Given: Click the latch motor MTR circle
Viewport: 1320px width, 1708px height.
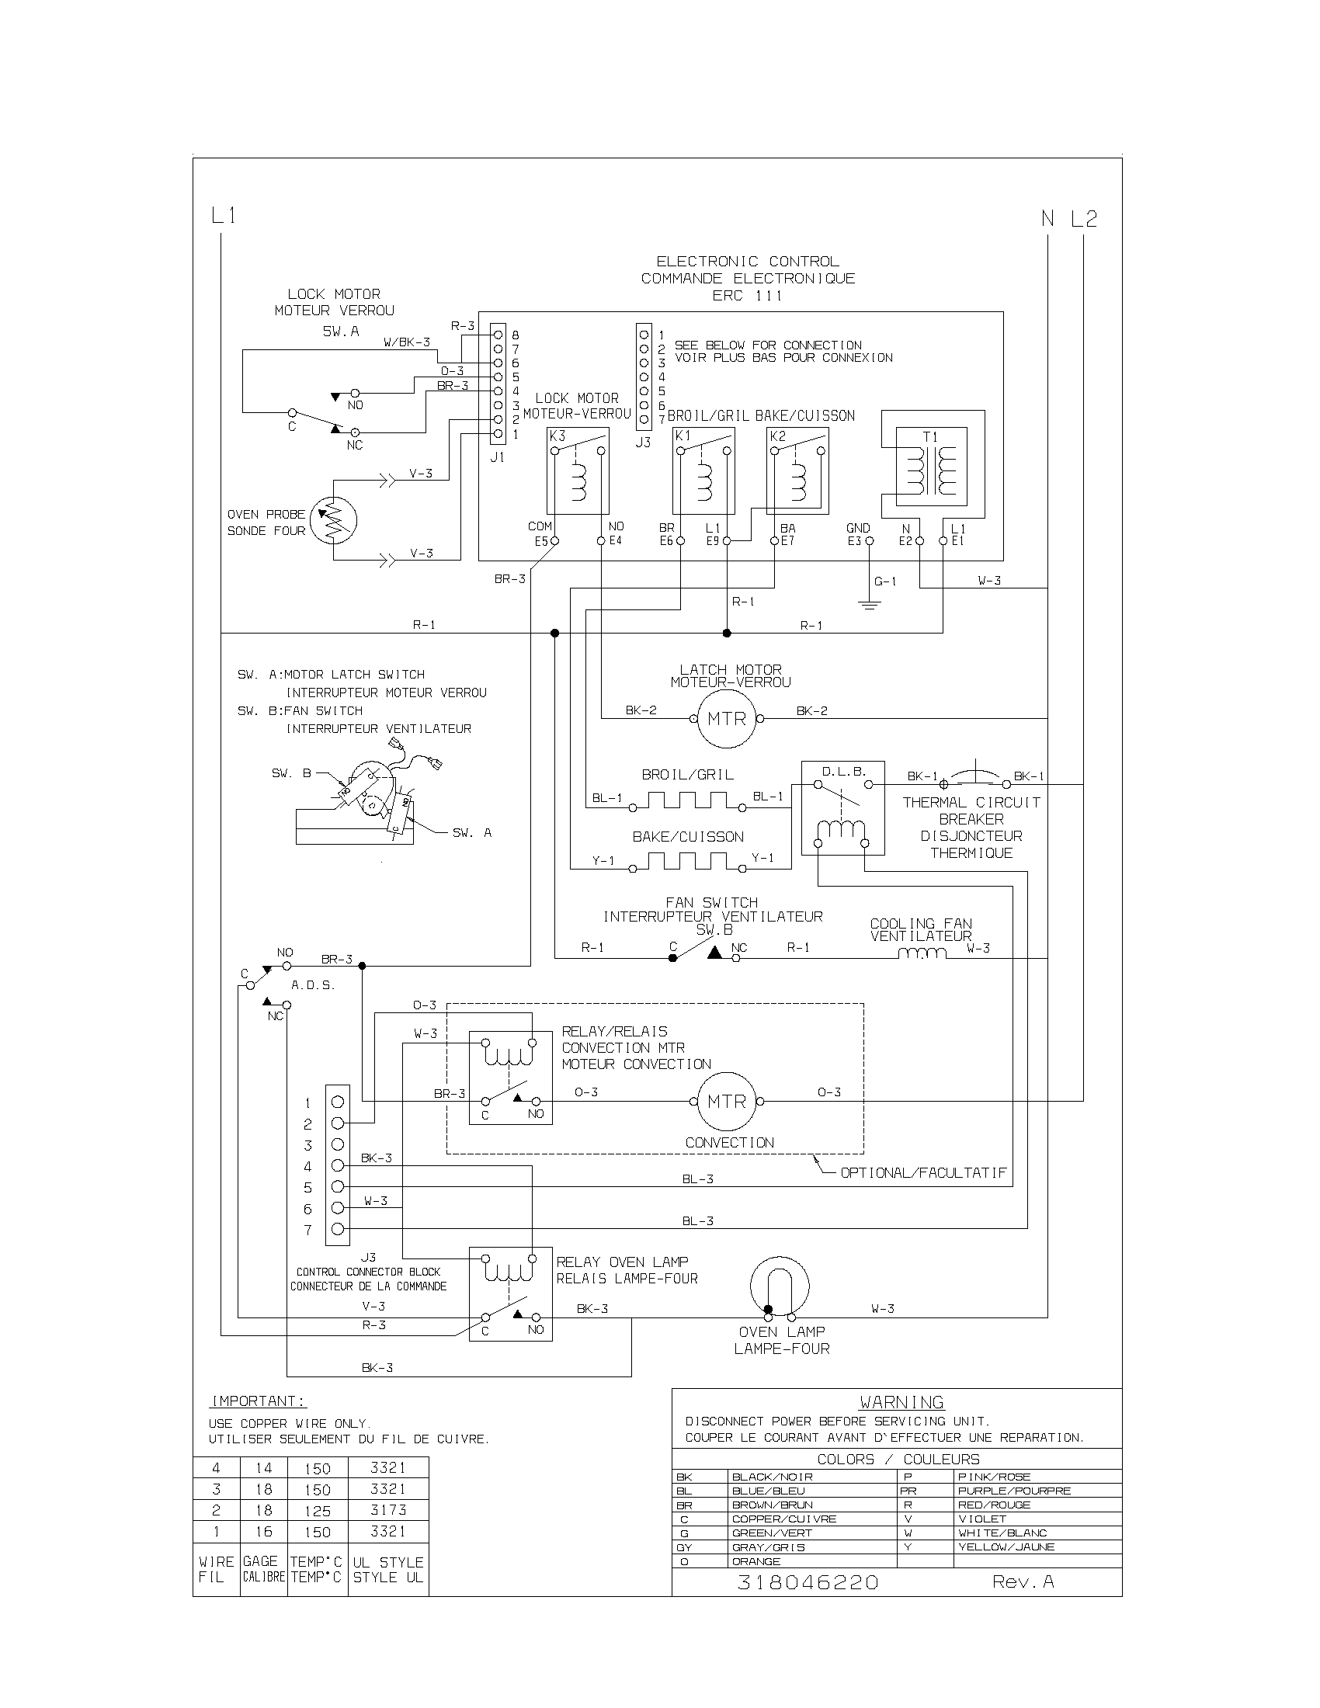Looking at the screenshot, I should pyautogui.click(x=727, y=718).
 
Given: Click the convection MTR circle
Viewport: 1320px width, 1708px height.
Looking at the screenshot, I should pyautogui.click(x=727, y=1101).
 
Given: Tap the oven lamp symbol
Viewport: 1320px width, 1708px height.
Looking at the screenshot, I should pyautogui.click(x=779, y=1286).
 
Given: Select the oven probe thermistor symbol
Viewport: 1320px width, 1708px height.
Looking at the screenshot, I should pyautogui.click(x=333, y=519).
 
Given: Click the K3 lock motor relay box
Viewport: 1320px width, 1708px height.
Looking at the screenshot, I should pyautogui.click(x=577, y=470).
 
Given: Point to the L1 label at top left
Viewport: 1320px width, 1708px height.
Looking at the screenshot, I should pyautogui.click(x=224, y=216).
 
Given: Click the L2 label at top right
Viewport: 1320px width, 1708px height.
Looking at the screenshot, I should pyautogui.click(x=1084, y=219).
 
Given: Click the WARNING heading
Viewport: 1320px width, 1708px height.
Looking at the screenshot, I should pyautogui.click(x=901, y=1402).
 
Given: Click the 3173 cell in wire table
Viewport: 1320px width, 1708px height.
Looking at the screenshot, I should pyautogui.click(x=388, y=1510).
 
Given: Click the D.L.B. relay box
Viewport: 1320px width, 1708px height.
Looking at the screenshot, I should pyautogui.click(x=842, y=807).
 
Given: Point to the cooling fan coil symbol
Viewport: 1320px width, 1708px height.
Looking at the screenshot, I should pyautogui.click(x=922, y=953).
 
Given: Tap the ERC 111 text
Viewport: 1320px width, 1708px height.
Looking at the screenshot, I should pyautogui.click(x=747, y=296).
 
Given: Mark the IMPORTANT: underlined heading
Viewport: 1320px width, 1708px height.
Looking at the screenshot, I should pyautogui.click(x=258, y=1401).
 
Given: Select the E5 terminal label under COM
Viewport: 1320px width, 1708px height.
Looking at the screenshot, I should pyautogui.click(x=541, y=540).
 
